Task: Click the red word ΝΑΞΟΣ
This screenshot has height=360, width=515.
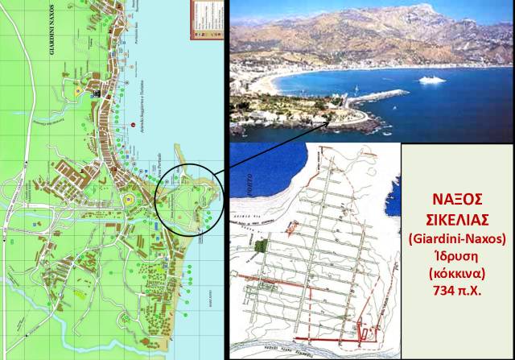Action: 456,201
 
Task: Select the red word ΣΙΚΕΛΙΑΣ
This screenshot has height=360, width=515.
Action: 456,220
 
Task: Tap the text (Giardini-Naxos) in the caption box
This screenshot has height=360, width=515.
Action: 456,238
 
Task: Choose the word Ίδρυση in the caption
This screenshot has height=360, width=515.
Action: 456,256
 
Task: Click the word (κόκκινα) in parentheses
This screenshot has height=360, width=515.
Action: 456,274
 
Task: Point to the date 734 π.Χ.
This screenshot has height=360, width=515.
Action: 456,292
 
